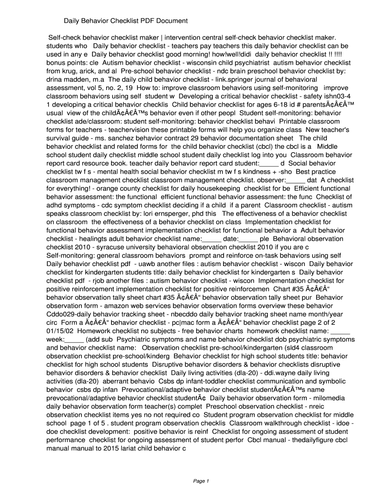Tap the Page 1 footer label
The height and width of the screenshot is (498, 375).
click(x=201, y=481)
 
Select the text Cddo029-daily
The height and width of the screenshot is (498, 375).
click(x=67, y=314)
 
